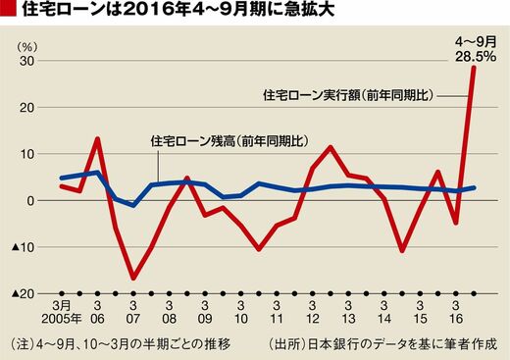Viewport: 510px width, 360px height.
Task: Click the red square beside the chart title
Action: click(8, 10)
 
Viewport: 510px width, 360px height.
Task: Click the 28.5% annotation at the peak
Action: click(476, 56)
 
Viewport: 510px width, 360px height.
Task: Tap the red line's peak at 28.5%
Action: click(474, 68)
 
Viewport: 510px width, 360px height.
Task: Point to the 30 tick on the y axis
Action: click(28, 61)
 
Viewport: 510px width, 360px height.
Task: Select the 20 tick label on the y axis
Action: click(28, 108)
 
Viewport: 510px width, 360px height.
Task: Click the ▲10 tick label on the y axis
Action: click(23, 247)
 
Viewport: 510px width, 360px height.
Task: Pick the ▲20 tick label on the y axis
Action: click(23, 294)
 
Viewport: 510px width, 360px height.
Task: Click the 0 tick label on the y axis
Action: click(31, 201)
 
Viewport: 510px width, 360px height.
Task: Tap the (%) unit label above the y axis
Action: click(26, 47)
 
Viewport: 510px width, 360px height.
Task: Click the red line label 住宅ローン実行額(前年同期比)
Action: click(348, 95)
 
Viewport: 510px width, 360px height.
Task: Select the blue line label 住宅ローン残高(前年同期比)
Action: click(229, 141)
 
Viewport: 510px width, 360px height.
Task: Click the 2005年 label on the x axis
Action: click(62, 319)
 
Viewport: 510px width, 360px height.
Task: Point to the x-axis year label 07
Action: click(133, 319)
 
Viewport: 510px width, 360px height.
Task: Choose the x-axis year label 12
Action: click(313, 319)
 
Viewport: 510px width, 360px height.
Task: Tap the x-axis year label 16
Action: click(456, 319)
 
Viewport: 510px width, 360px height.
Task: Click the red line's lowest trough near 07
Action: click(133, 278)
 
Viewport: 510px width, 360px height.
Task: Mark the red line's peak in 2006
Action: click(97, 138)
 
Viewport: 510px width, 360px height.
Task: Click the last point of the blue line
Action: click(474, 187)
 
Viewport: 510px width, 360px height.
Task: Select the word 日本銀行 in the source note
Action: click(331, 344)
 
